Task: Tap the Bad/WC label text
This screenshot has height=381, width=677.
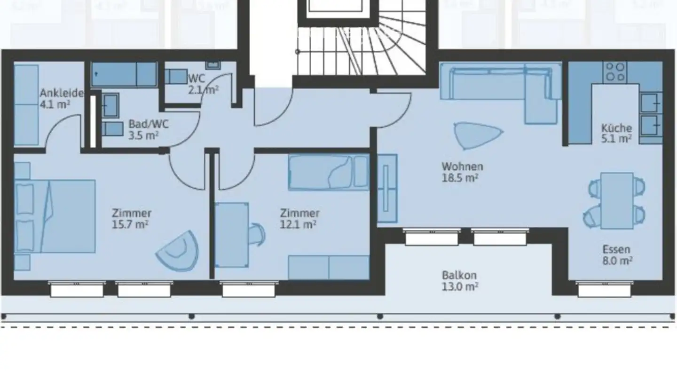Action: click(148, 125)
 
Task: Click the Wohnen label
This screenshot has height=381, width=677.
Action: click(462, 167)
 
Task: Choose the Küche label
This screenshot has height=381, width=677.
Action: click(616, 128)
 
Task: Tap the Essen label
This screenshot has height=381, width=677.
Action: click(616, 250)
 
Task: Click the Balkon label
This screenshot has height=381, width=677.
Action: click(459, 275)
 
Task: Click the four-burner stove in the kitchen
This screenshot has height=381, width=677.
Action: click(615, 72)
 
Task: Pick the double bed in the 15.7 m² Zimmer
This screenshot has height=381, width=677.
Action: click(56, 216)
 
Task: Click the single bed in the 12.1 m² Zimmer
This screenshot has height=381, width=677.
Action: click(328, 173)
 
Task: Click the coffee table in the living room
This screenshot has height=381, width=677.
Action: click(476, 135)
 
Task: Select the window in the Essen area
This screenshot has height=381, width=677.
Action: click(604, 289)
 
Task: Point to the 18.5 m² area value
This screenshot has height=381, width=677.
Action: click(462, 177)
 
